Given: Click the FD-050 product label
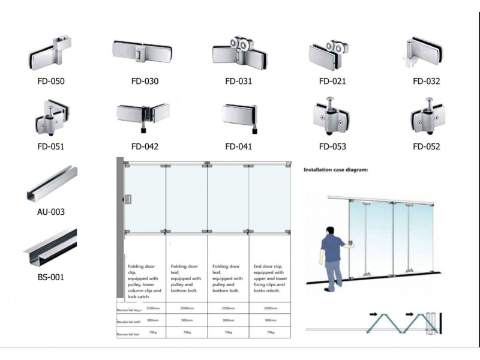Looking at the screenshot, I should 50,81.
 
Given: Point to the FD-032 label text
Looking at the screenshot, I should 426,81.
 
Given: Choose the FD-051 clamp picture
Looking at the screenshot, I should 51,116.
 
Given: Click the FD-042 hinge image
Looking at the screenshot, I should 143,116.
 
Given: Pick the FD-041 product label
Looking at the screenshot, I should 238,146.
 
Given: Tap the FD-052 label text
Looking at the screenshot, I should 426,146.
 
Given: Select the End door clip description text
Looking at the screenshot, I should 269,278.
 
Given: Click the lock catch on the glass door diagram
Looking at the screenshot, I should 128,199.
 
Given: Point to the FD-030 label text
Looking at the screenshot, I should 145,81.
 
